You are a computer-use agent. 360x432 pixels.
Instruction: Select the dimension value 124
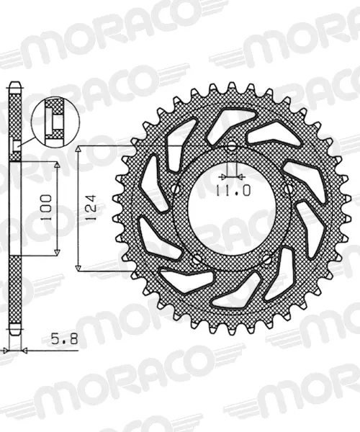[91, 207]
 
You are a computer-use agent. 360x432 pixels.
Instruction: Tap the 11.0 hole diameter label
[233, 190]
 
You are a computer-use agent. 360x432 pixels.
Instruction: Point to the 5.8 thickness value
[65, 339]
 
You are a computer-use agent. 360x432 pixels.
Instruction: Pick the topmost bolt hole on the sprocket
[232, 147]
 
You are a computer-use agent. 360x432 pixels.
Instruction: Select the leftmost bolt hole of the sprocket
[176, 189]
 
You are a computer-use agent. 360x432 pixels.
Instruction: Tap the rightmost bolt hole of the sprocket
[289, 188]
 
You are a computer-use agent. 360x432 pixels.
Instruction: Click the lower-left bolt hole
[197, 259]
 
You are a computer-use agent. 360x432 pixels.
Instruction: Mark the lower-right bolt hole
[266, 258]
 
